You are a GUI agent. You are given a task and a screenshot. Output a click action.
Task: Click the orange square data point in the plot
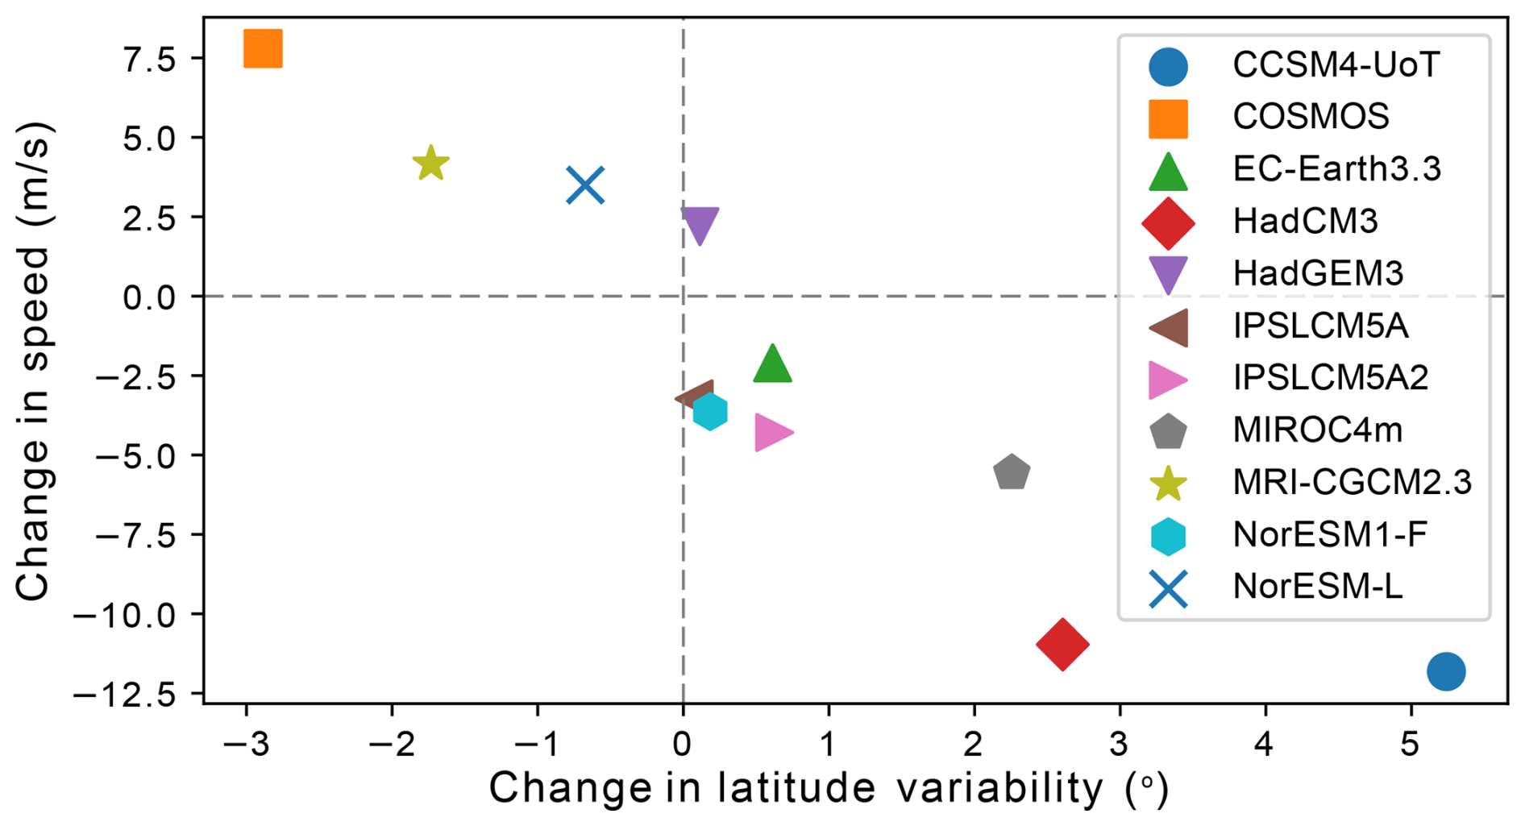pyautogui.click(x=263, y=48)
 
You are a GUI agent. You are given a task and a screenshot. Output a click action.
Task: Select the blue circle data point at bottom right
pyautogui.click(x=1446, y=671)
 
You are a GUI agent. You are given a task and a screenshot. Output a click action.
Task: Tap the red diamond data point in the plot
pyautogui.click(x=1062, y=644)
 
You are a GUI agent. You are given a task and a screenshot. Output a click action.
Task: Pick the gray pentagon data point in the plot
pyautogui.click(x=1012, y=473)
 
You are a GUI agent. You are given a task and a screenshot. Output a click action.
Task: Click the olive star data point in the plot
pyautogui.click(x=430, y=164)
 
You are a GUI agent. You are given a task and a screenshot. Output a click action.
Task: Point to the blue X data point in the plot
pyautogui.click(x=585, y=185)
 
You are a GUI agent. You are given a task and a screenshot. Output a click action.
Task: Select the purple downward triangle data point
pyautogui.click(x=700, y=224)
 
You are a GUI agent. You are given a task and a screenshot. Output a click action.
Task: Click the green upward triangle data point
pyautogui.click(x=772, y=364)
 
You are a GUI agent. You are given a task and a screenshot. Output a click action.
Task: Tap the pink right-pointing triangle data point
pyautogui.click(x=772, y=433)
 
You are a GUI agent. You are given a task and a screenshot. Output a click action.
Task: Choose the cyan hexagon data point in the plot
pyautogui.click(x=710, y=412)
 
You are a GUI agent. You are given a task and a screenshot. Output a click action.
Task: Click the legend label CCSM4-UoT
pyautogui.click(x=1336, y=65)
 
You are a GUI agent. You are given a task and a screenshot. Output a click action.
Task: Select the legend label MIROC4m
pyautogui.click(x=1317, y=430)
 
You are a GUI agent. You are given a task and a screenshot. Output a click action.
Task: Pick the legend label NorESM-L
pyautogui.click(x=1317, y=587)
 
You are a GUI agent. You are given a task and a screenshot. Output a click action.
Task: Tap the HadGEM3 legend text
pyautogui.click(x=1318, y=274)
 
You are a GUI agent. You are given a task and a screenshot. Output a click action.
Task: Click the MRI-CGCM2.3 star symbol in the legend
pyautogui.click(x=1168, y=484)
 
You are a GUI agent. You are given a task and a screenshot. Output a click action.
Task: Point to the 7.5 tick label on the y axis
pyautogui.click(x=149, y=60)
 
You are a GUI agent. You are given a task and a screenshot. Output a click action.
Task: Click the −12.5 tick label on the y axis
pyautogui.click(x=125, y=695)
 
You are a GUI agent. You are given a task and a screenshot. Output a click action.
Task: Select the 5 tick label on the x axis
pyautogui.click(x=1410, y=745)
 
